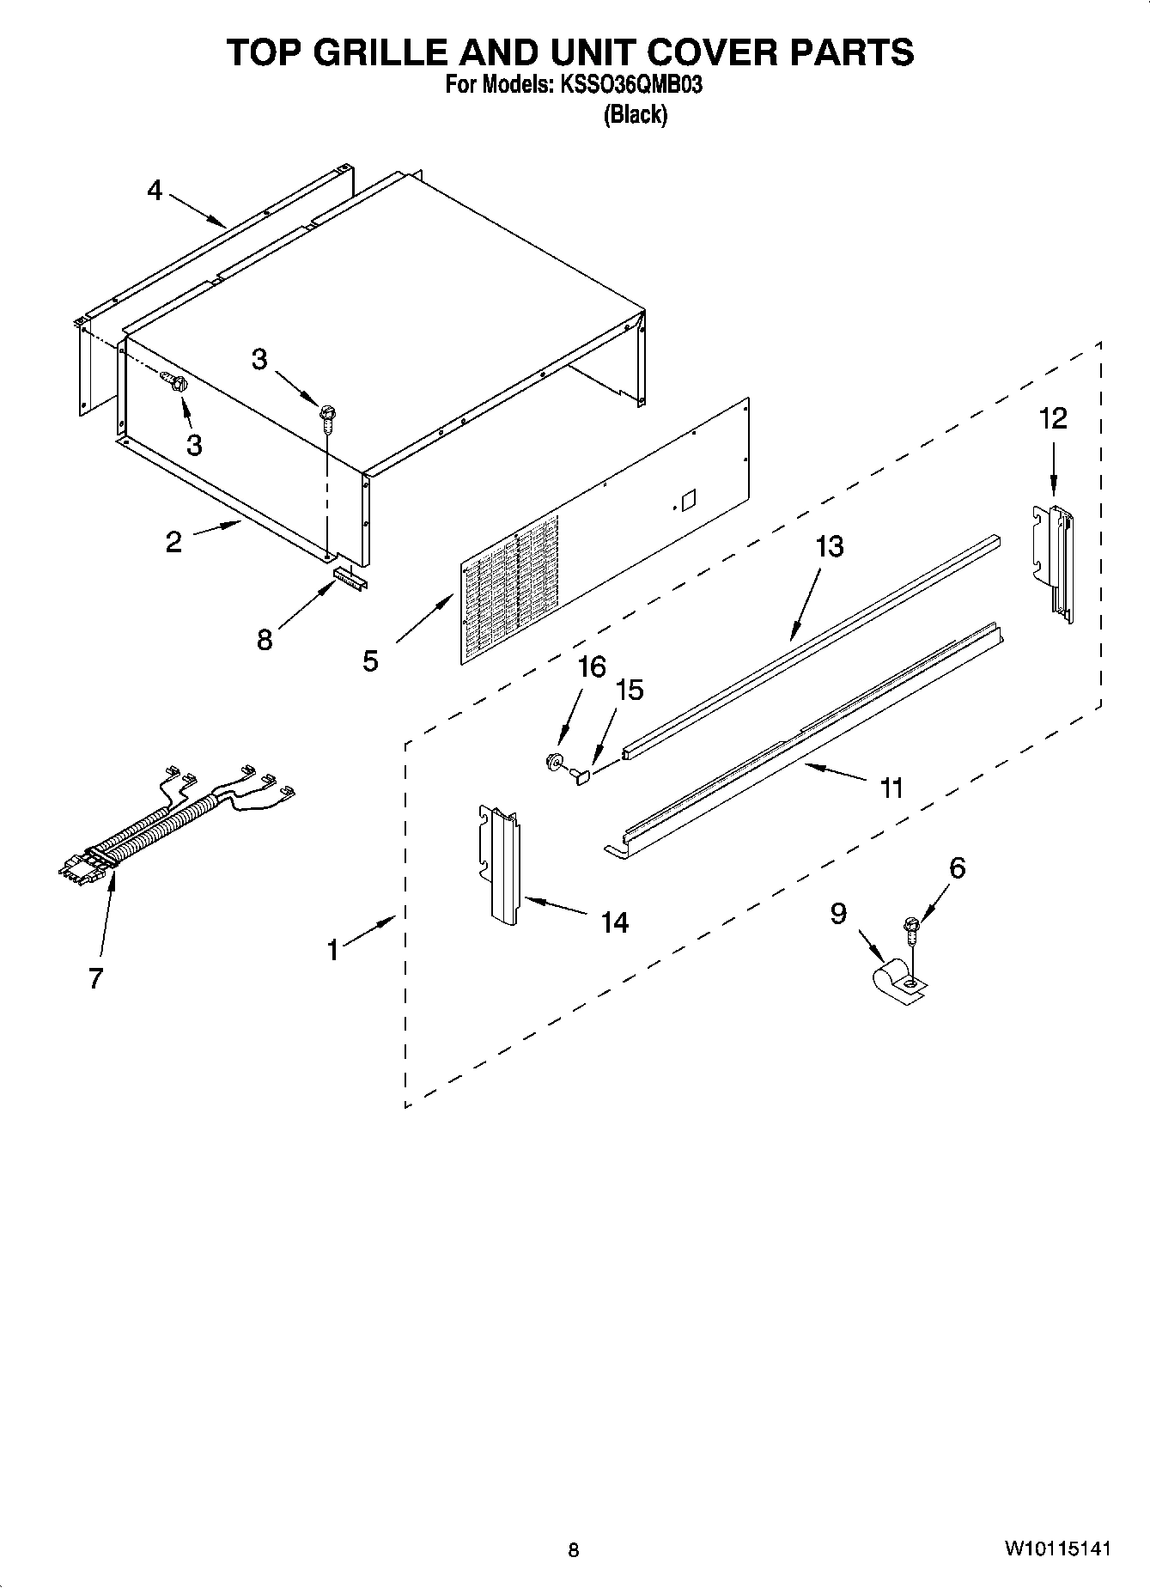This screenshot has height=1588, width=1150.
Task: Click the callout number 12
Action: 1053,418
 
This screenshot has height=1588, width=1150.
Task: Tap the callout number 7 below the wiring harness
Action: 95,977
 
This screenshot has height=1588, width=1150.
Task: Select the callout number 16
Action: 592,666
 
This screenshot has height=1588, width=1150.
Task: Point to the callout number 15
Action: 630,690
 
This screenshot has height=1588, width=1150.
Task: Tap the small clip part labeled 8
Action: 350,577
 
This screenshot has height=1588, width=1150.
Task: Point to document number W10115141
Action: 1057,1548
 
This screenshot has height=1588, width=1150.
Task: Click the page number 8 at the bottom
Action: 574,1550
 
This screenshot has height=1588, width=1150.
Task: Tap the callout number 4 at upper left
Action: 154,190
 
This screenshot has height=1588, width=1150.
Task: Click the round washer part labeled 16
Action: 555,759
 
